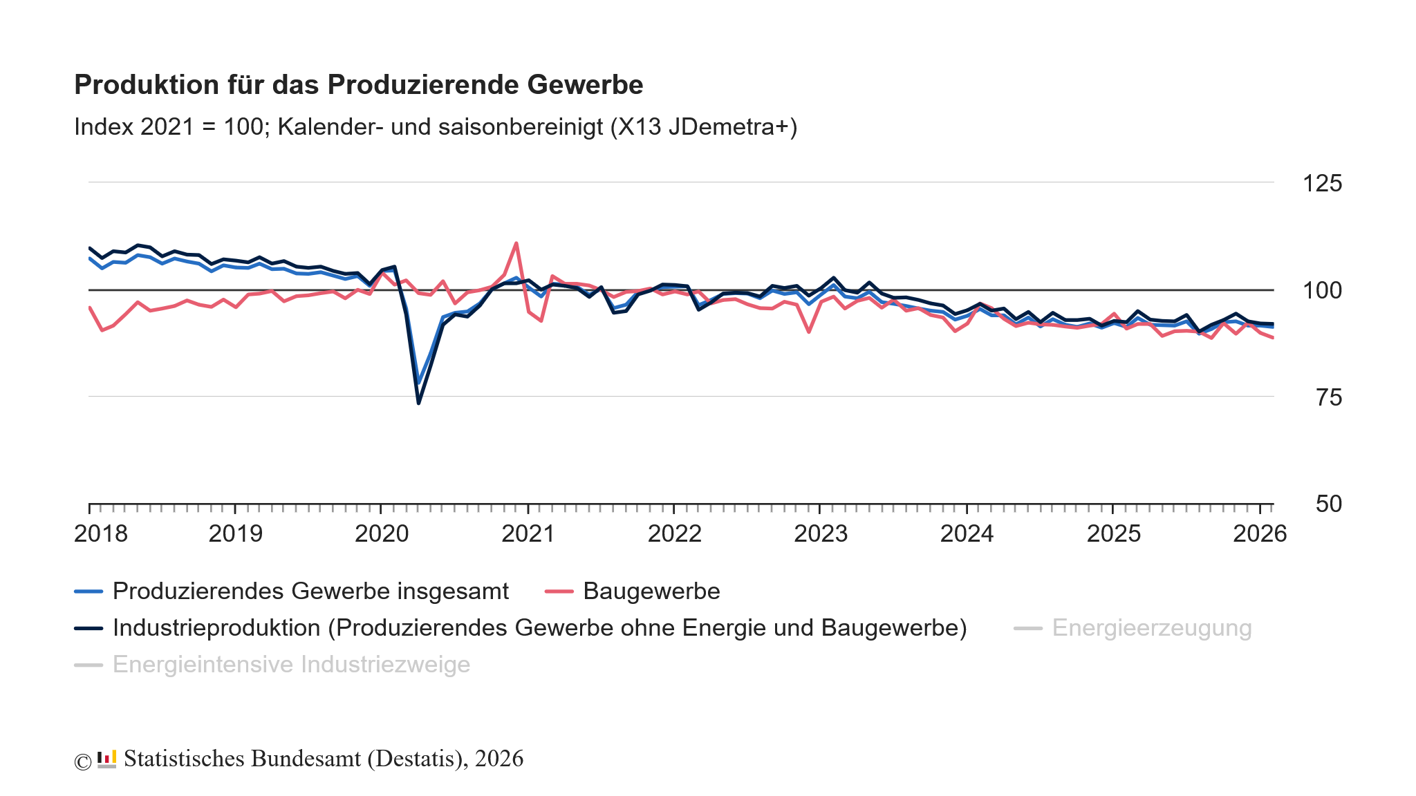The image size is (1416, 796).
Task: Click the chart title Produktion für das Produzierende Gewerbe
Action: (x=358, y=85)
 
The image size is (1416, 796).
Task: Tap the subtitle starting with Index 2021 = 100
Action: (x=436, y=127)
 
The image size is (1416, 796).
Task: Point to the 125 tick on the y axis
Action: (x=1322, y=184)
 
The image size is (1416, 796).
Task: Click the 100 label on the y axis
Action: (x=1322, y=290)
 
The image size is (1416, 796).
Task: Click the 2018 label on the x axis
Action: (x=101, y=533)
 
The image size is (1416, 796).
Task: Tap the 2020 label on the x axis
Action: (x=382, y=533)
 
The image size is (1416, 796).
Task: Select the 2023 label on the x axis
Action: (x=821, y=533)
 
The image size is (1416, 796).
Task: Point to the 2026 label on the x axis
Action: (x=1260, y=533)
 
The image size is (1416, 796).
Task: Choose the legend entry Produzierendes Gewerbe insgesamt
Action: (x=310, y=591)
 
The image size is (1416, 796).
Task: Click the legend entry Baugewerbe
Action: (x=651, y=591)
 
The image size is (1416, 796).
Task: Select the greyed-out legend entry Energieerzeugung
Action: (x=1152, y=628)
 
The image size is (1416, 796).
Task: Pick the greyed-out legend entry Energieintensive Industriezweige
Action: (x=291, y=665)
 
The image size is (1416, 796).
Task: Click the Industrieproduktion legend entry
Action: (x=539, y=628)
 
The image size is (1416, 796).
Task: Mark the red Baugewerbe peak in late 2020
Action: (x=516, y=243)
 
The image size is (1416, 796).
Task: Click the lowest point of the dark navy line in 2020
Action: (x=419, y=402)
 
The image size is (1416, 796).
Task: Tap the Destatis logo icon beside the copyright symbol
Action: (x=106, y=759)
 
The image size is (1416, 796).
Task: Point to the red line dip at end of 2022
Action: (x=809, y=332)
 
